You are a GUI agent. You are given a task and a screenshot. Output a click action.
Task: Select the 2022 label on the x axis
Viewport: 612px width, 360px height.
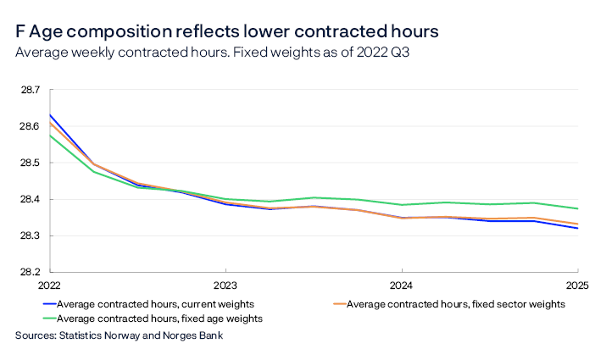coord(49,285)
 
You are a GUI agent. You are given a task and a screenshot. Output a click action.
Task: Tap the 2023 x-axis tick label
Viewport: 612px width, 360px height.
coord(225,285)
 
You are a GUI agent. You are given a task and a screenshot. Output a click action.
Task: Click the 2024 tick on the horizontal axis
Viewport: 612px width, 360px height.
coord(401,285)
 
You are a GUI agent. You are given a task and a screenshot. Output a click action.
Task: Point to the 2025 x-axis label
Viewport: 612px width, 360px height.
coord(577,285)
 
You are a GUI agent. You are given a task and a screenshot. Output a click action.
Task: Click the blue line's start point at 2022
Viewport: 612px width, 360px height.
coord(49,115)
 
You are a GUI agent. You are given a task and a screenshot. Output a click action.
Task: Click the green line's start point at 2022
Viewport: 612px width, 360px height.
coord(49,136)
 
